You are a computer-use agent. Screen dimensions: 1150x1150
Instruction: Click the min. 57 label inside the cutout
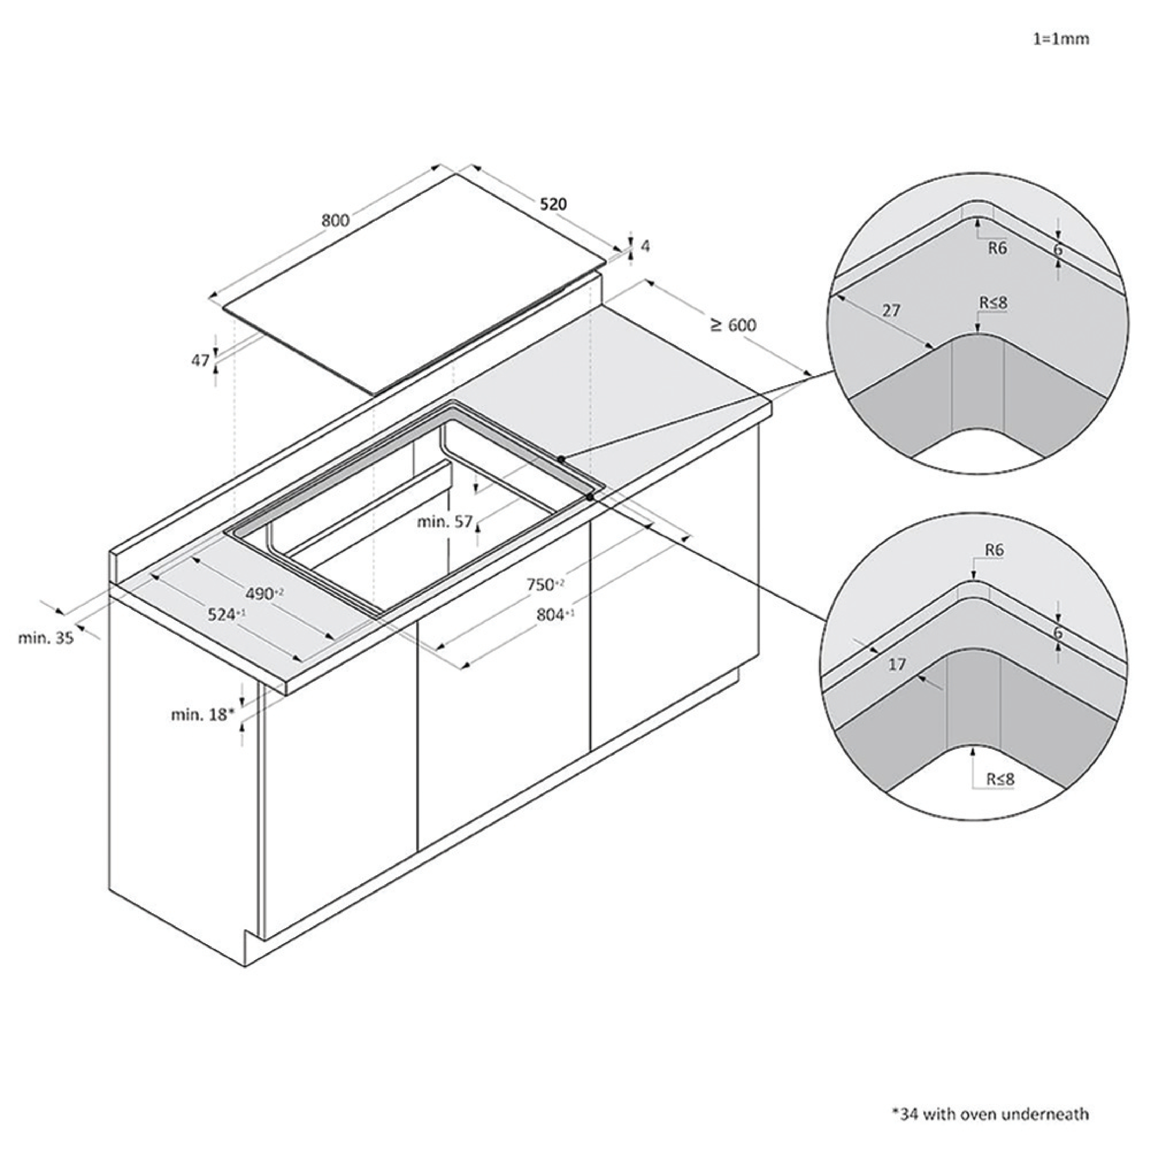click(445, 522)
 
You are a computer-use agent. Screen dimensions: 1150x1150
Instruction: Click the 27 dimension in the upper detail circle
click(891, 311)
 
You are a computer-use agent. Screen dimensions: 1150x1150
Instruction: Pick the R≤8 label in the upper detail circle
click(994, 303)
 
